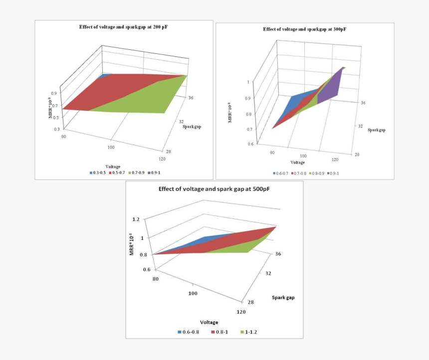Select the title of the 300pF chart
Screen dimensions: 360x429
click(x=304, y=29)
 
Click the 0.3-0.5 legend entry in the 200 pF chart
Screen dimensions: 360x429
click(x=97, y=173)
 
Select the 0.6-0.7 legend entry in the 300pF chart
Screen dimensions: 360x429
click(x=281, y=173)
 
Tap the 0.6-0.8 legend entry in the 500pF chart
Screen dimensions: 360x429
click(x=188, y=332)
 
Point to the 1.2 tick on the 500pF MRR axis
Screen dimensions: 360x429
click(x=136, y=219)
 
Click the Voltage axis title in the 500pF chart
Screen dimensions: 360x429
click(x=209, y=322)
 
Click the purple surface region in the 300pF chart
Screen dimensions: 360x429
click(x=329, y=92)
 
